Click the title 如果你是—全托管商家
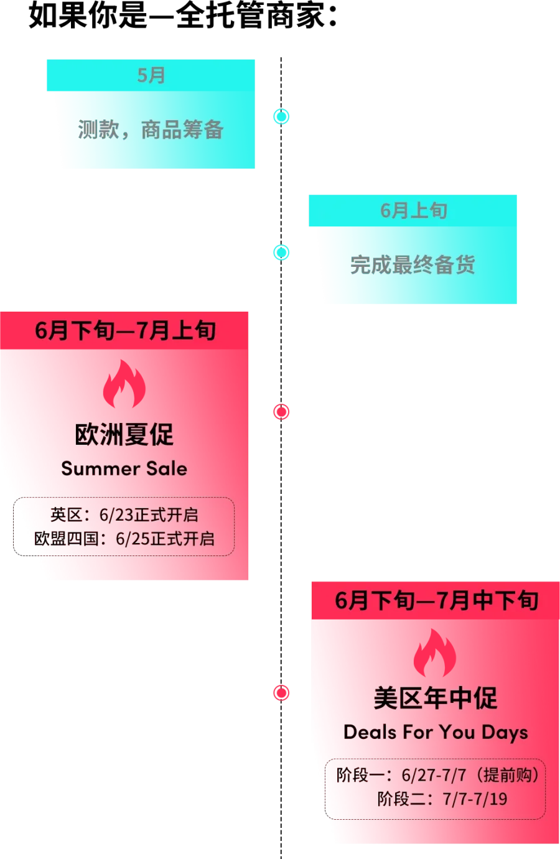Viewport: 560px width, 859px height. point(182,16)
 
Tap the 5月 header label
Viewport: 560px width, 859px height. point(151,75)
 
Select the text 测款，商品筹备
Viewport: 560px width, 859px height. point(151,129)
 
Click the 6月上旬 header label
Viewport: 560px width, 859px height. point(414,210)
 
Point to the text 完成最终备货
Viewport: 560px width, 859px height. point(413,264)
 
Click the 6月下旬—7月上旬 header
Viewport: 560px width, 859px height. point(125,330)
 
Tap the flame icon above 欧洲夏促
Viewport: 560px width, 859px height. point(124,384)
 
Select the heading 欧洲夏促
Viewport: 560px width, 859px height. point(124,435)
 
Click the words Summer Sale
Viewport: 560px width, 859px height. point(124,468)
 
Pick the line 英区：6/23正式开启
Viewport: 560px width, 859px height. point(124,515)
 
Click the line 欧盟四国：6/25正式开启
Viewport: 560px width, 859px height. point(124,539)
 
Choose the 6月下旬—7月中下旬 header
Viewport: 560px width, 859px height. point(437,600)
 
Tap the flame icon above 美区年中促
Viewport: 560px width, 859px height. point(435,653)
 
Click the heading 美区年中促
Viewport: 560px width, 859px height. point(436,699)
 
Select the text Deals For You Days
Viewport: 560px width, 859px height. point(436,733)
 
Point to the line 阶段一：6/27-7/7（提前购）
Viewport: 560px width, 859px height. point(437,775)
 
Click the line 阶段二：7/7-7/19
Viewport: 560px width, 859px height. point(442,799)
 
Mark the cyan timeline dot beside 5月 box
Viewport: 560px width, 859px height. point(281,116)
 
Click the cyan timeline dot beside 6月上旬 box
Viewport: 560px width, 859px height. point(281,253)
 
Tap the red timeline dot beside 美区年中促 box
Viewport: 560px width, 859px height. point(281,693)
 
